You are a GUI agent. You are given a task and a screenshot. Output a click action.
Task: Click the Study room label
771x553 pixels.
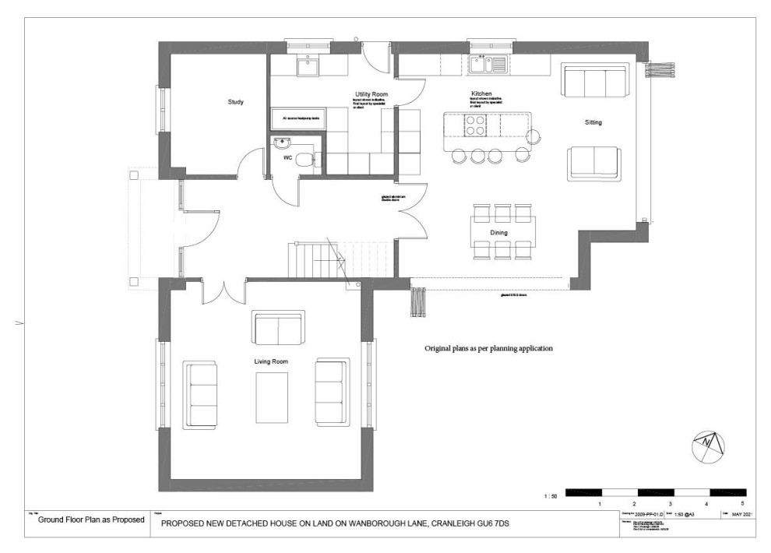pos(236,102)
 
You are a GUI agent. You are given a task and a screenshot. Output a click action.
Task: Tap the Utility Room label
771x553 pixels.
pos(371,94)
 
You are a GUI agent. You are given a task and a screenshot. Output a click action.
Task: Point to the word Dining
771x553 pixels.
pos(499,232)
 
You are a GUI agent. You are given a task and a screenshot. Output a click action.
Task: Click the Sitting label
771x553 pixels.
pos(593,123)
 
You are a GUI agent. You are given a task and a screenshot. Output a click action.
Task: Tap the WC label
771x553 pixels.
pos(287,158)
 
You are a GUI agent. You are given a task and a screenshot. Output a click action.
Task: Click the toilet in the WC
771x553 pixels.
pos(309,160)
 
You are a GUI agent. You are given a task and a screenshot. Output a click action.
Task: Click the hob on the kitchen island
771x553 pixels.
pos(476,125)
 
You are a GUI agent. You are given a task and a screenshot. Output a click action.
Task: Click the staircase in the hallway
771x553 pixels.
pos(315,259)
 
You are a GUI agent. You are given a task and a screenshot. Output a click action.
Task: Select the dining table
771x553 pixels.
pos(502,232)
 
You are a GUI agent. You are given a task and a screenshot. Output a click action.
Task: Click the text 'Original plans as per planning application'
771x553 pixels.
pos(488,349)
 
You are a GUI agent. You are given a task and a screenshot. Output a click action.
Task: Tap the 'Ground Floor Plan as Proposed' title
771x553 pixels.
pos(91,520)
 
